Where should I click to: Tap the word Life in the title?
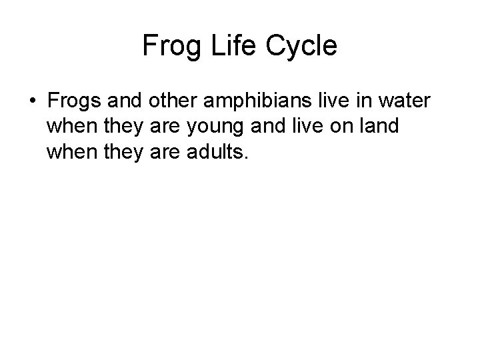tap(229, 46)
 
